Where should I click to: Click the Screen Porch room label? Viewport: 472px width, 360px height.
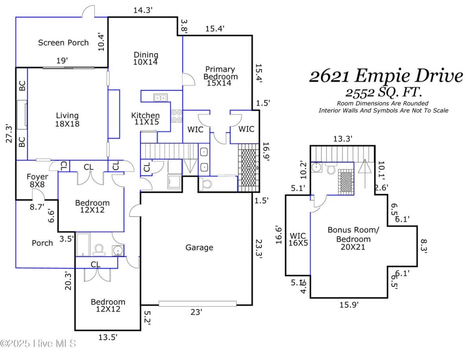(63, 42)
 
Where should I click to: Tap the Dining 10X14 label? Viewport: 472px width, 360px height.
(146, 58)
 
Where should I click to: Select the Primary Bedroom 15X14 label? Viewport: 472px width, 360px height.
(220, 76)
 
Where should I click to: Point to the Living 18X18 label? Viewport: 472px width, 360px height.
(67, 119)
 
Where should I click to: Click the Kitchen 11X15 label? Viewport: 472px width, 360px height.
(146, 119)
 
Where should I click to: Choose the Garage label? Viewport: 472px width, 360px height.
(199, 247)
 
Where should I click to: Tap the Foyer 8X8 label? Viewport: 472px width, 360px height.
(37, 180)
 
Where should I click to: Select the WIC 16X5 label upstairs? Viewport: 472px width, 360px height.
(298, 239)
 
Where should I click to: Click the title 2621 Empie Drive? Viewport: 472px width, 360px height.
(386, 76)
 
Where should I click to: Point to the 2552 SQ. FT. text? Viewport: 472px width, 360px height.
(383, 93)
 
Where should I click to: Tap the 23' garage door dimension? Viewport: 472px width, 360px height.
(196, 312)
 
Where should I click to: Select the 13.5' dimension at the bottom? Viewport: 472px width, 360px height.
(107, 337)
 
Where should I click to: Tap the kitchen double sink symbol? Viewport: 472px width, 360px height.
(160, 97)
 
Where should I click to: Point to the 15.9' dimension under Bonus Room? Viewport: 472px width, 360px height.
(349, 305)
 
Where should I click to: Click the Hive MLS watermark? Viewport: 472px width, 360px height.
(38, 343)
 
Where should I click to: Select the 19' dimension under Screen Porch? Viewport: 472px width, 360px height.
(62, 61)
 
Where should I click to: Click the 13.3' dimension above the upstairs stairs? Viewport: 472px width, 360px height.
(343, 138)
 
